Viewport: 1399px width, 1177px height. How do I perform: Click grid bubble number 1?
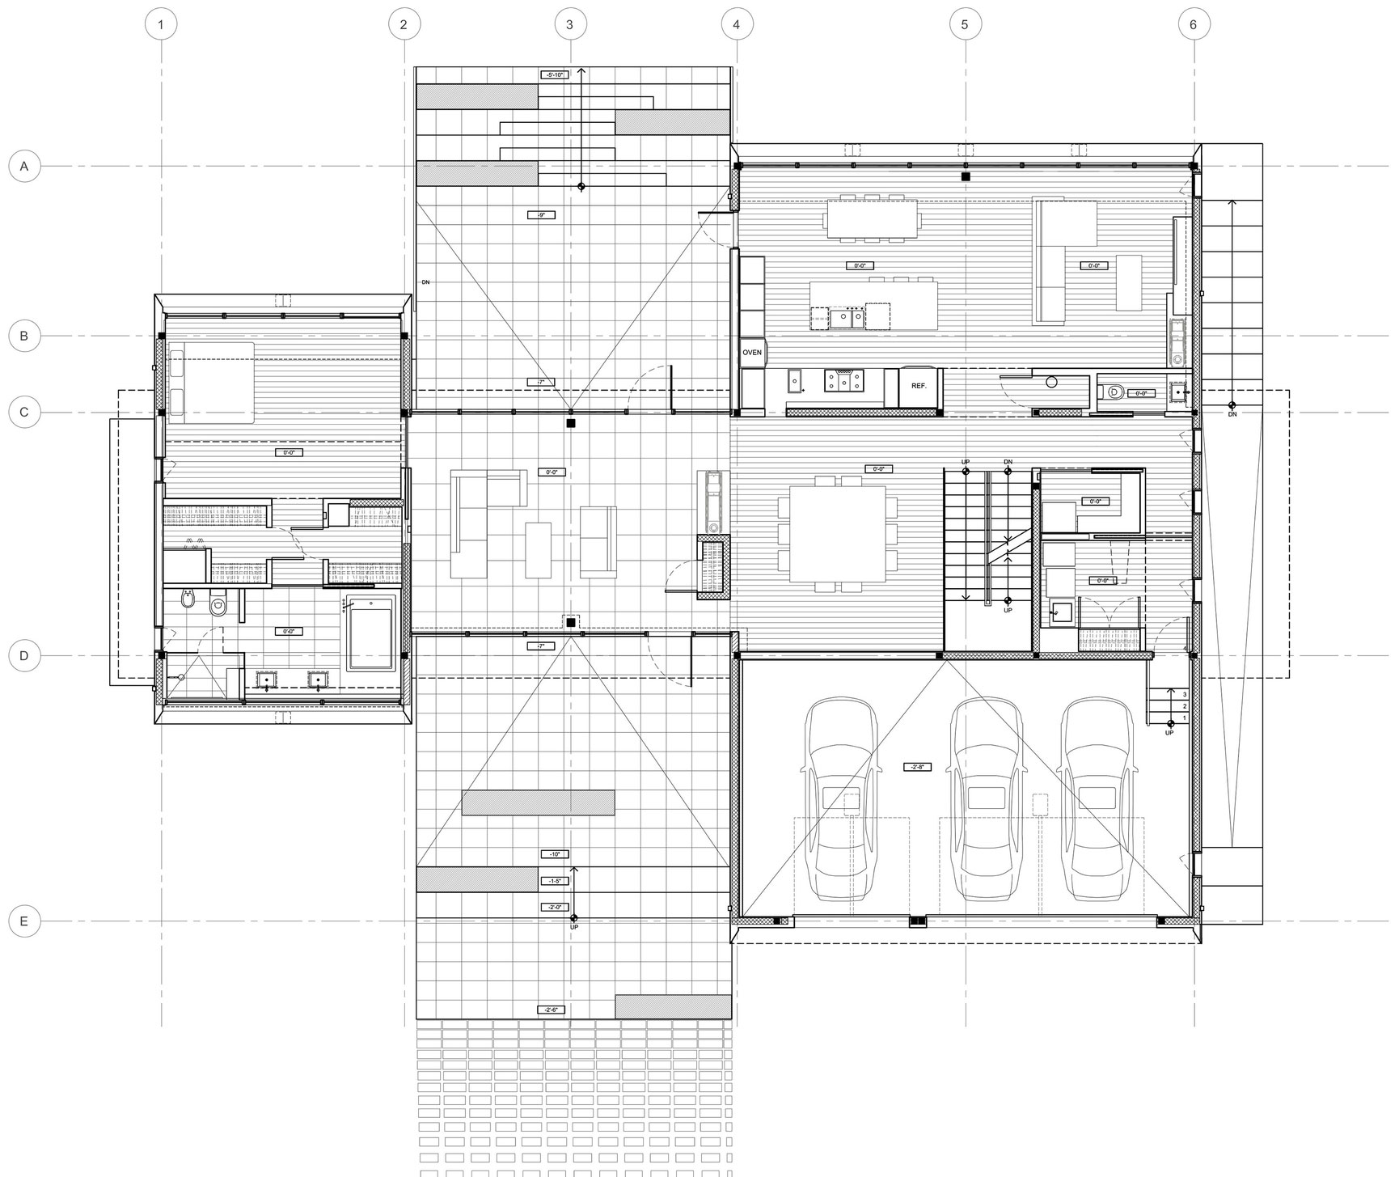tap(161, 24)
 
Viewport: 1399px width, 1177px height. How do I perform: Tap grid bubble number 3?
tap(569, 24)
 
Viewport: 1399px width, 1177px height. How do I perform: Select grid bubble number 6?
tap(1194, 24)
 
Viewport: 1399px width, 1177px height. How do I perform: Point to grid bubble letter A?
tap(24, 167)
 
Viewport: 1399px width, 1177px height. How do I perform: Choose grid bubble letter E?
tap(24, 921)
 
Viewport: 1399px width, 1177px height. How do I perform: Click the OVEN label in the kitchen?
tap(752, 353)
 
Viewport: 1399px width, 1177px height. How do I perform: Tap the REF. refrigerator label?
tap(919, 386)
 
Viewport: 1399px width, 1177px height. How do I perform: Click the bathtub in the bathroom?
tap(371, 633)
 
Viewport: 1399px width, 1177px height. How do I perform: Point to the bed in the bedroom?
tap(210, 382)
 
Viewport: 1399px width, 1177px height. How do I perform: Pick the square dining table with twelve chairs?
tap(837, 533)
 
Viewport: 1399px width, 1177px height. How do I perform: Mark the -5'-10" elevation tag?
tap(555, 74)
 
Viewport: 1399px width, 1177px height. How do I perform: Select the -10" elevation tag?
tap(555, 854)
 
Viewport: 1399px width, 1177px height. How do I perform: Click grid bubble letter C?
tap(24, 413)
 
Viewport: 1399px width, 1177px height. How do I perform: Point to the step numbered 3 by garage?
tap(1185, 694)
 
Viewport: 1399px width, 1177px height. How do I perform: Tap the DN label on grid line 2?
tap(425, 282)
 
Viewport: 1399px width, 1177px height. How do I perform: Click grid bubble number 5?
tap(965, 24)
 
